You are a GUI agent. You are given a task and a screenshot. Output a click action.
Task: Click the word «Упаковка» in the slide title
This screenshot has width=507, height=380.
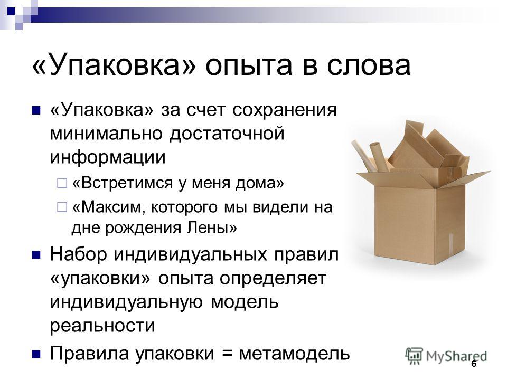pyautogui.click(x=114, y=65)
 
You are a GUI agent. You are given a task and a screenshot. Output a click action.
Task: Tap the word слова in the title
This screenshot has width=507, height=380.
pyautogui.click(x=369, y=66)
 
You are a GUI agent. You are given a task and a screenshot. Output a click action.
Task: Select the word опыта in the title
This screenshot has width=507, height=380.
pyautogui.click(x=248, y=66)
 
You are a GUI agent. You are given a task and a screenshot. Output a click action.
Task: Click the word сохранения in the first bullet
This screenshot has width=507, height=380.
pyautogui.click(x=285, y=110)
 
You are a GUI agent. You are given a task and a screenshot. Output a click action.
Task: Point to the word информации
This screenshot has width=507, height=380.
pyautogui.click(x=107, y=157)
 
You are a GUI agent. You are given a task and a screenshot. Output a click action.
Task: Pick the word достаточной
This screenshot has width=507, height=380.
pyautogui.click(x=227, y=134)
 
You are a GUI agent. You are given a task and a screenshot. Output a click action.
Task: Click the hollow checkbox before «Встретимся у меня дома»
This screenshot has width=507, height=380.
pyautogui.click(x=62, y=183)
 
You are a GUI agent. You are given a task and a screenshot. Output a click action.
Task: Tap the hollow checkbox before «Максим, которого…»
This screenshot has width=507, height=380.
pyautogui.click(x=62, y=207)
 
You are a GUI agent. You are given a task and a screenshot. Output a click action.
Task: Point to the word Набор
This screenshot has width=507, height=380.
pyautogui.click(x=78, y=254)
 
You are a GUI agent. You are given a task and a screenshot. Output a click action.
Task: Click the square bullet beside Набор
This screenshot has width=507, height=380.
pyautogui.click(x=36, y=255)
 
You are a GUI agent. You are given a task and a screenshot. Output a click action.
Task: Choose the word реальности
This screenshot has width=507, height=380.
pyautogui.click(x=102, y=325)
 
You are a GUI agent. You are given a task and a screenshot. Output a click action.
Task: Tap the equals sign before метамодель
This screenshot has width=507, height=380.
pyautogui.click(x=228, y=354)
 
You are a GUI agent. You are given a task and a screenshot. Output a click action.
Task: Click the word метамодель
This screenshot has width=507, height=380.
pyautogui.click(x=294, y=353)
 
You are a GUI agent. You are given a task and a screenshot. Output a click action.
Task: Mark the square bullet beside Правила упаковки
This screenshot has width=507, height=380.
pyautogui.click(x=36, y=354)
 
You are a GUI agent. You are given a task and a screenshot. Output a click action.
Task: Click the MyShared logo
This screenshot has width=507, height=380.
pyautogui.click(x=446, y=355)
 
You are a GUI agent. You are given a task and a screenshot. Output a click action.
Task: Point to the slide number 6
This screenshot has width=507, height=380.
pyautogui.click(x=474, y=364)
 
